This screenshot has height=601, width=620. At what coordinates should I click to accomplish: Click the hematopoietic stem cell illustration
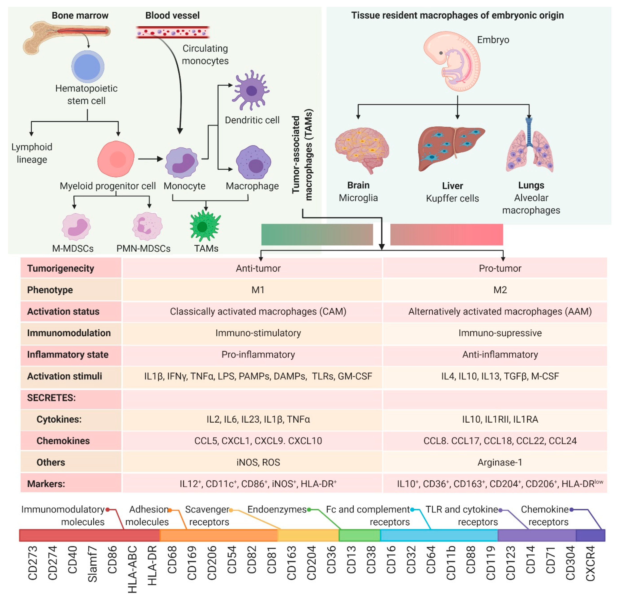tap(88, 67)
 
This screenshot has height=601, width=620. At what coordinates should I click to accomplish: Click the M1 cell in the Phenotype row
tap(258, 290)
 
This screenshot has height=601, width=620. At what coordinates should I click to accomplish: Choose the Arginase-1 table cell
tap(500, 462)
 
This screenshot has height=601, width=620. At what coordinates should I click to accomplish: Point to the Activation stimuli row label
tap(65, 376)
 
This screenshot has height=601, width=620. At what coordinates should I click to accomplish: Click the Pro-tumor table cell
tap(500, 268)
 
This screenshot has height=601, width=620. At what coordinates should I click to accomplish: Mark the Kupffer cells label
tap(452, 198)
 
